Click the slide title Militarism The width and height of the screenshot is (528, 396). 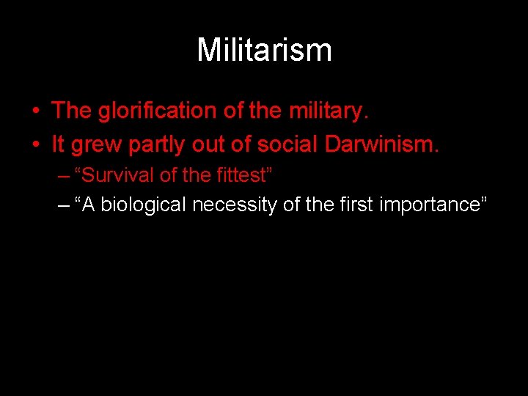click(x=264, y=50)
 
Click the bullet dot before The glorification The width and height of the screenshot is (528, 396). click(x=35, y=111)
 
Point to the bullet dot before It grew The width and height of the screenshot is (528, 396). click(x=35, y=145)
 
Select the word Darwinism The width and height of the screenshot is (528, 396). click(x=381, y=144)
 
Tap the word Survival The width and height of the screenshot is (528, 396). click(x=110, y=175)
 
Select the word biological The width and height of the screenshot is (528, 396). click(x=144, y=205)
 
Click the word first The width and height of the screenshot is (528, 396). click(x=355, y=205)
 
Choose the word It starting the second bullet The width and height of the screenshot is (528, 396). click(x=58, y=144)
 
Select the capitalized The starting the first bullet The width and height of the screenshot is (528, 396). click(x=71, y=111)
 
